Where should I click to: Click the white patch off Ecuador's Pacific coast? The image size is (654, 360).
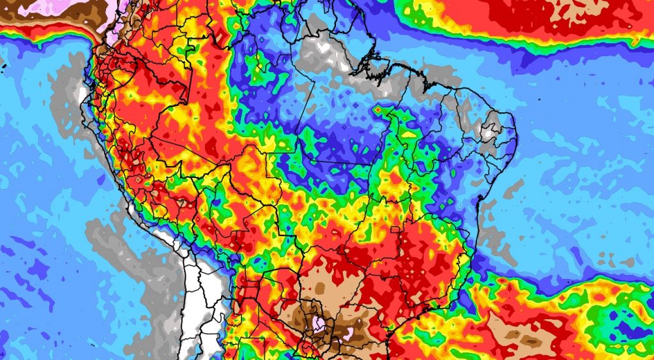[80, 96]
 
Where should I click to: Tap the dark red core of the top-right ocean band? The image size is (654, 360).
[549, 16]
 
